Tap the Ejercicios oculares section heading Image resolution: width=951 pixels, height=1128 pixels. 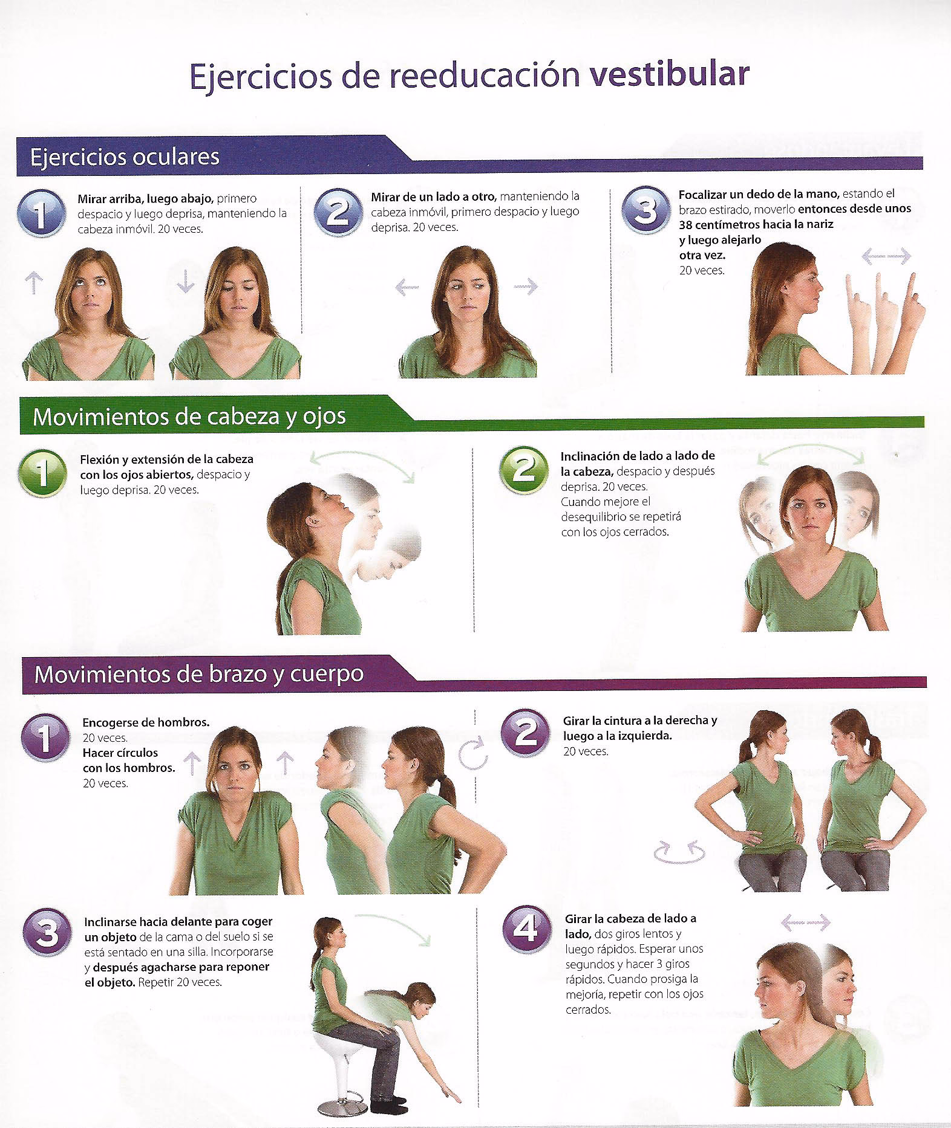125,157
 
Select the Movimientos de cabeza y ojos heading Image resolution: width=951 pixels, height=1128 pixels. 189,416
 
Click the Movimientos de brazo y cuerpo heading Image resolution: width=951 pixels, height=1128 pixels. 199,673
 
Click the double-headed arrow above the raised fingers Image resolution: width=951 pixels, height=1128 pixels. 886,257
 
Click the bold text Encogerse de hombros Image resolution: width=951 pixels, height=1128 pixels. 146,722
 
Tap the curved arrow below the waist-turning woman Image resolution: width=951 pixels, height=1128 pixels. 680,852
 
